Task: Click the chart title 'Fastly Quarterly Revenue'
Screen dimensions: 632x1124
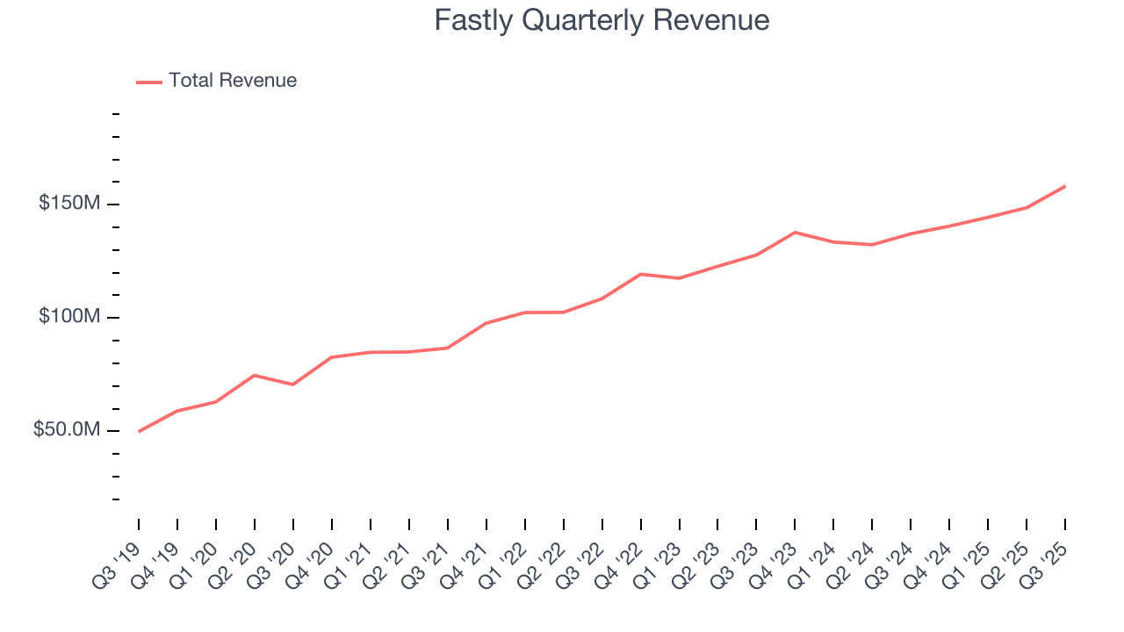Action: [x=602, y=20]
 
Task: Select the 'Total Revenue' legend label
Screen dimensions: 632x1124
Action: [x=233, y=81]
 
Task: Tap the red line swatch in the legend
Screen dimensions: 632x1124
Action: [x=149, y=82]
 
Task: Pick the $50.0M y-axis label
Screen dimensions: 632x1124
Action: [x=67, y=430]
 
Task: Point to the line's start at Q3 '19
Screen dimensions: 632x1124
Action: [x=139, y=431]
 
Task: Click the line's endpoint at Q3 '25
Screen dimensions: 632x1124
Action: [x=1065, y=186]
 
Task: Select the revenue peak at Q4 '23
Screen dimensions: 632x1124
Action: [x=795, y=233]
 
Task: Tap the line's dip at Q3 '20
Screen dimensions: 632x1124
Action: [x=293, y=384]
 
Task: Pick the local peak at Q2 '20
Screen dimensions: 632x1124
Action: [x=255, y=376]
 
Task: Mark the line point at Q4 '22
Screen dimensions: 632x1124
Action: [x=640, y=274]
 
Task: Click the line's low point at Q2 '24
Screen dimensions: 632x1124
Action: [x=872, y=245]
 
